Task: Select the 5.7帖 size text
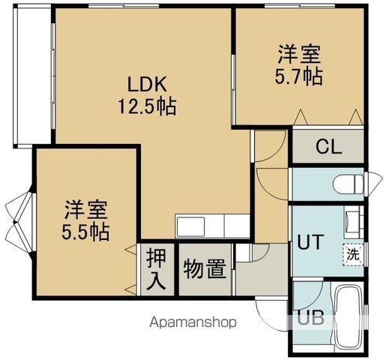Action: (300, 76)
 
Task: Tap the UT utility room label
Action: (311, 242)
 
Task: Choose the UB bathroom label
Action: (310, 317)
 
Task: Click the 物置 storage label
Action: (205, 268)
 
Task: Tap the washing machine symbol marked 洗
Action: (352, 253)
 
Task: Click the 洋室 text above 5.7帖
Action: (300, 54)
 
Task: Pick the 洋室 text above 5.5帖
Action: (85, 208)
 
